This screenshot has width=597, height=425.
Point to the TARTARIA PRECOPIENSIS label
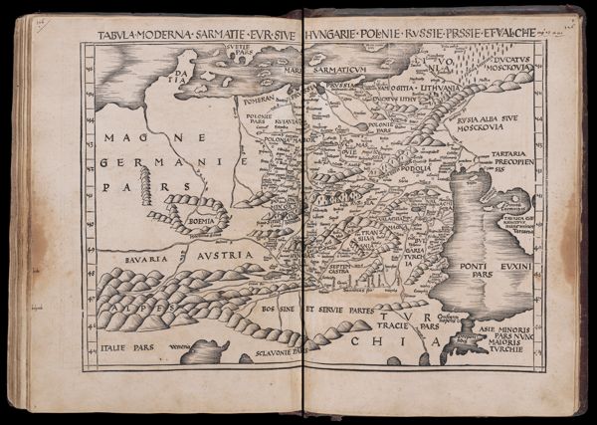(513, 160)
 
